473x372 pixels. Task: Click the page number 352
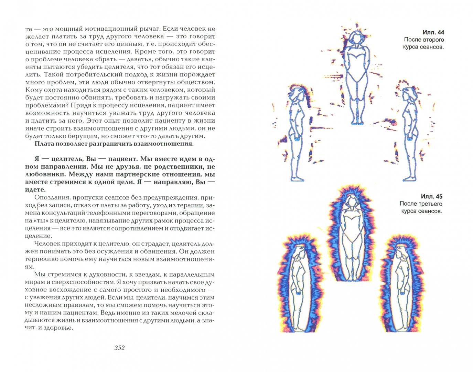[x=119, y=348]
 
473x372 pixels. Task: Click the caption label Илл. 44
[x=431, y=32]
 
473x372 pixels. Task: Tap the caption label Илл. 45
[x=431, y=197]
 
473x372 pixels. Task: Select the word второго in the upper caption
[x=431, y=40]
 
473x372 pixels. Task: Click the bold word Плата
[x=44, y=144]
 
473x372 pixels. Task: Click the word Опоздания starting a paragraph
[x=51, y=198]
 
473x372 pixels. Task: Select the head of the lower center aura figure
[x=351, y=202]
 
